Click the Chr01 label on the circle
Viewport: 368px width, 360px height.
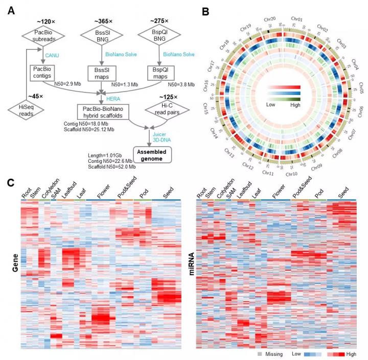pos(300,18)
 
